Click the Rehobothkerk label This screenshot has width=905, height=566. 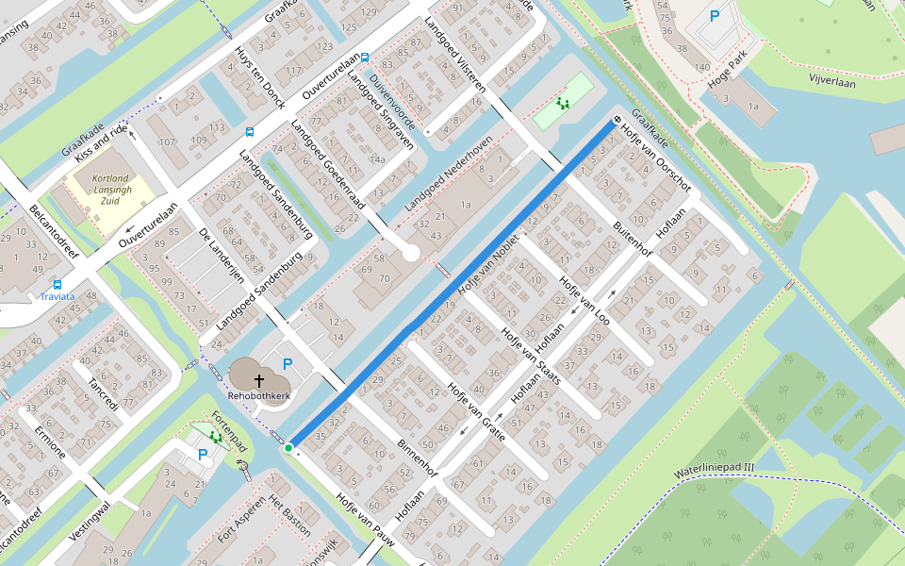pos(258,396)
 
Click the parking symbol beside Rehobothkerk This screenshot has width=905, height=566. pos(288,364)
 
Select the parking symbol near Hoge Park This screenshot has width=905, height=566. pos(714,16)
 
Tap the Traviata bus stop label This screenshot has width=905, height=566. pos(58,296)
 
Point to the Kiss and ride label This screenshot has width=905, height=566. pos(100,142)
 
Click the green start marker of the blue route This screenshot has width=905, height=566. pos(288,447)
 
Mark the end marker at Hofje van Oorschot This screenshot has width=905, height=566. pos(617,120)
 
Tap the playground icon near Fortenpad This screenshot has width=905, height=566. pos(216,437)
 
